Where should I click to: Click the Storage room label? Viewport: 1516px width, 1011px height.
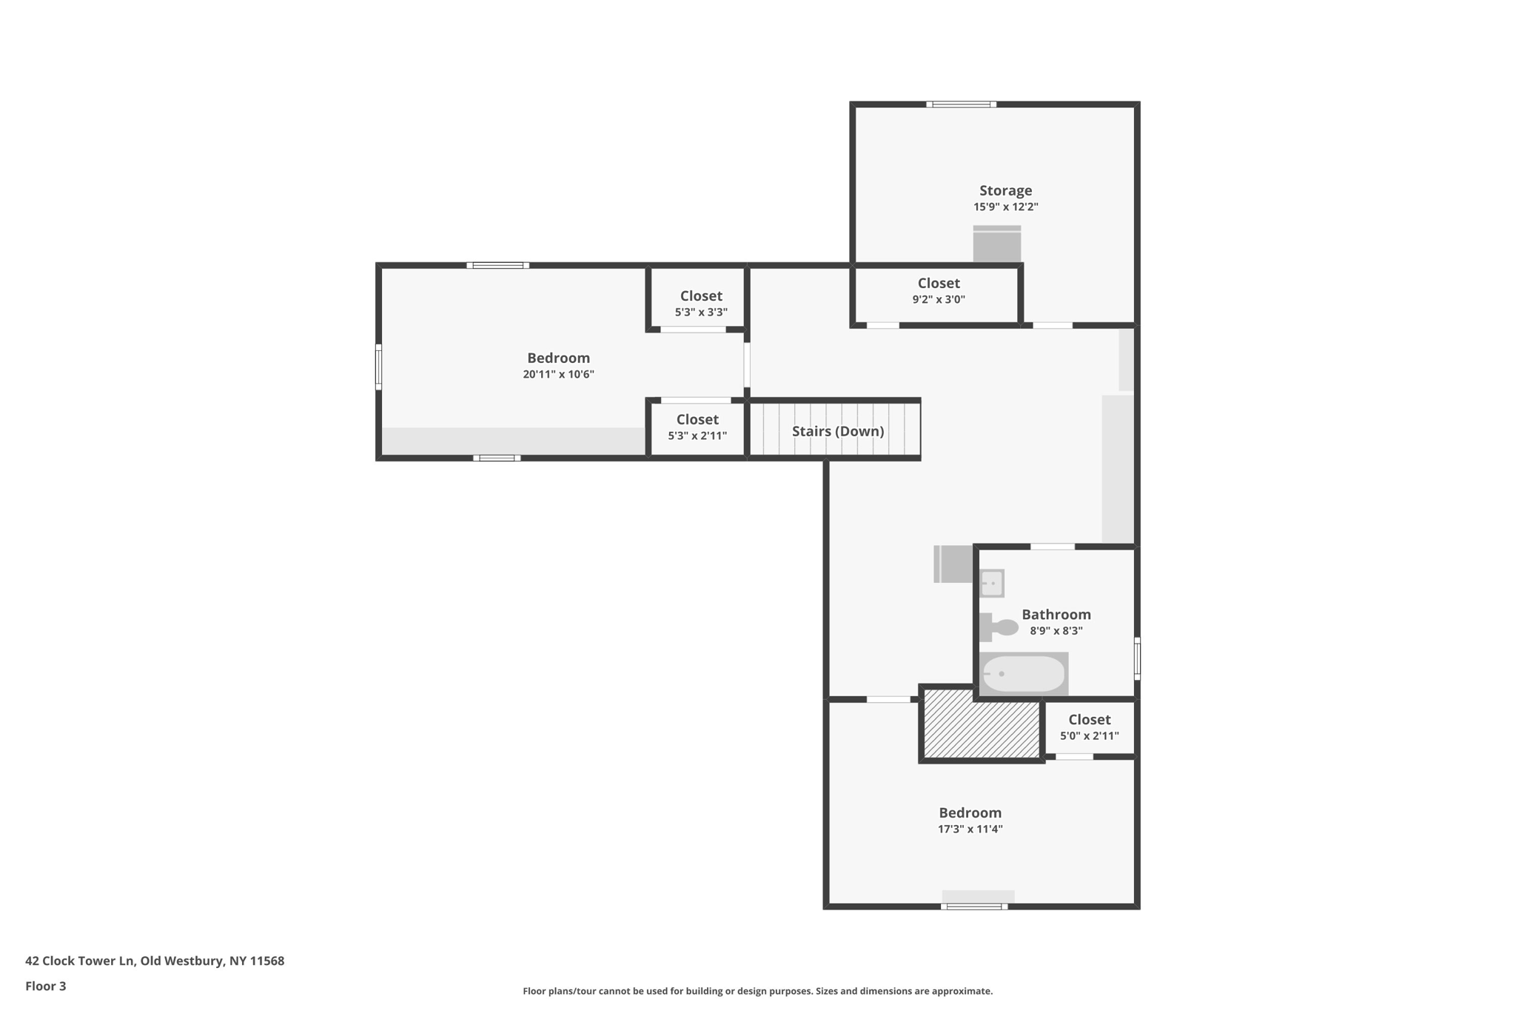(1005, 190)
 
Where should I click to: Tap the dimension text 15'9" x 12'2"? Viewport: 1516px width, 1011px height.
(1005, 207)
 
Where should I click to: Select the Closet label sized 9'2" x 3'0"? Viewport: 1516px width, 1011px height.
(939, 283)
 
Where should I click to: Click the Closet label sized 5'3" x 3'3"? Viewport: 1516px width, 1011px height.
(701, 296)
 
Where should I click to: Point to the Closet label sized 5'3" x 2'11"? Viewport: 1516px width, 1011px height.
(697, 419)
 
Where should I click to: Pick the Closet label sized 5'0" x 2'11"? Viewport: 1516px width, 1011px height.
(1089, 719)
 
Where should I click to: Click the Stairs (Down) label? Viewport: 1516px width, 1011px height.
(838, 431)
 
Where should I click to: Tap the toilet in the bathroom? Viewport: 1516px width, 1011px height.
(999, 627)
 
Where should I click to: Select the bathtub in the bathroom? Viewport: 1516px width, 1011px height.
(1023, 674)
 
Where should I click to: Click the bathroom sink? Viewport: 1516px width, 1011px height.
(992, 584)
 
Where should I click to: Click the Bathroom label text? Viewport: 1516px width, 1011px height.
(1056, 614)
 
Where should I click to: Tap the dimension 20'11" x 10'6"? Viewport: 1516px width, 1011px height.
(558, 375)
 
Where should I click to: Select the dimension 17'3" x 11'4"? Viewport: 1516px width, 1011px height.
(970, 830)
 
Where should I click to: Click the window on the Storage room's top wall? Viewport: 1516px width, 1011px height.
(961, 104)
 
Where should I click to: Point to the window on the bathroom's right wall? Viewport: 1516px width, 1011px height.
(1137, 658)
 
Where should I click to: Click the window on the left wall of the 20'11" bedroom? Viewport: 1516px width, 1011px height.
(378, 367)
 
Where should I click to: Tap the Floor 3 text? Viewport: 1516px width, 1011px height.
(46, 986)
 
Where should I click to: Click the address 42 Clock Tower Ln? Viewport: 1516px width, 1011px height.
(155, 961)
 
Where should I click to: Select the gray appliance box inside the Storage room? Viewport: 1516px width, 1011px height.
(996, 244)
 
